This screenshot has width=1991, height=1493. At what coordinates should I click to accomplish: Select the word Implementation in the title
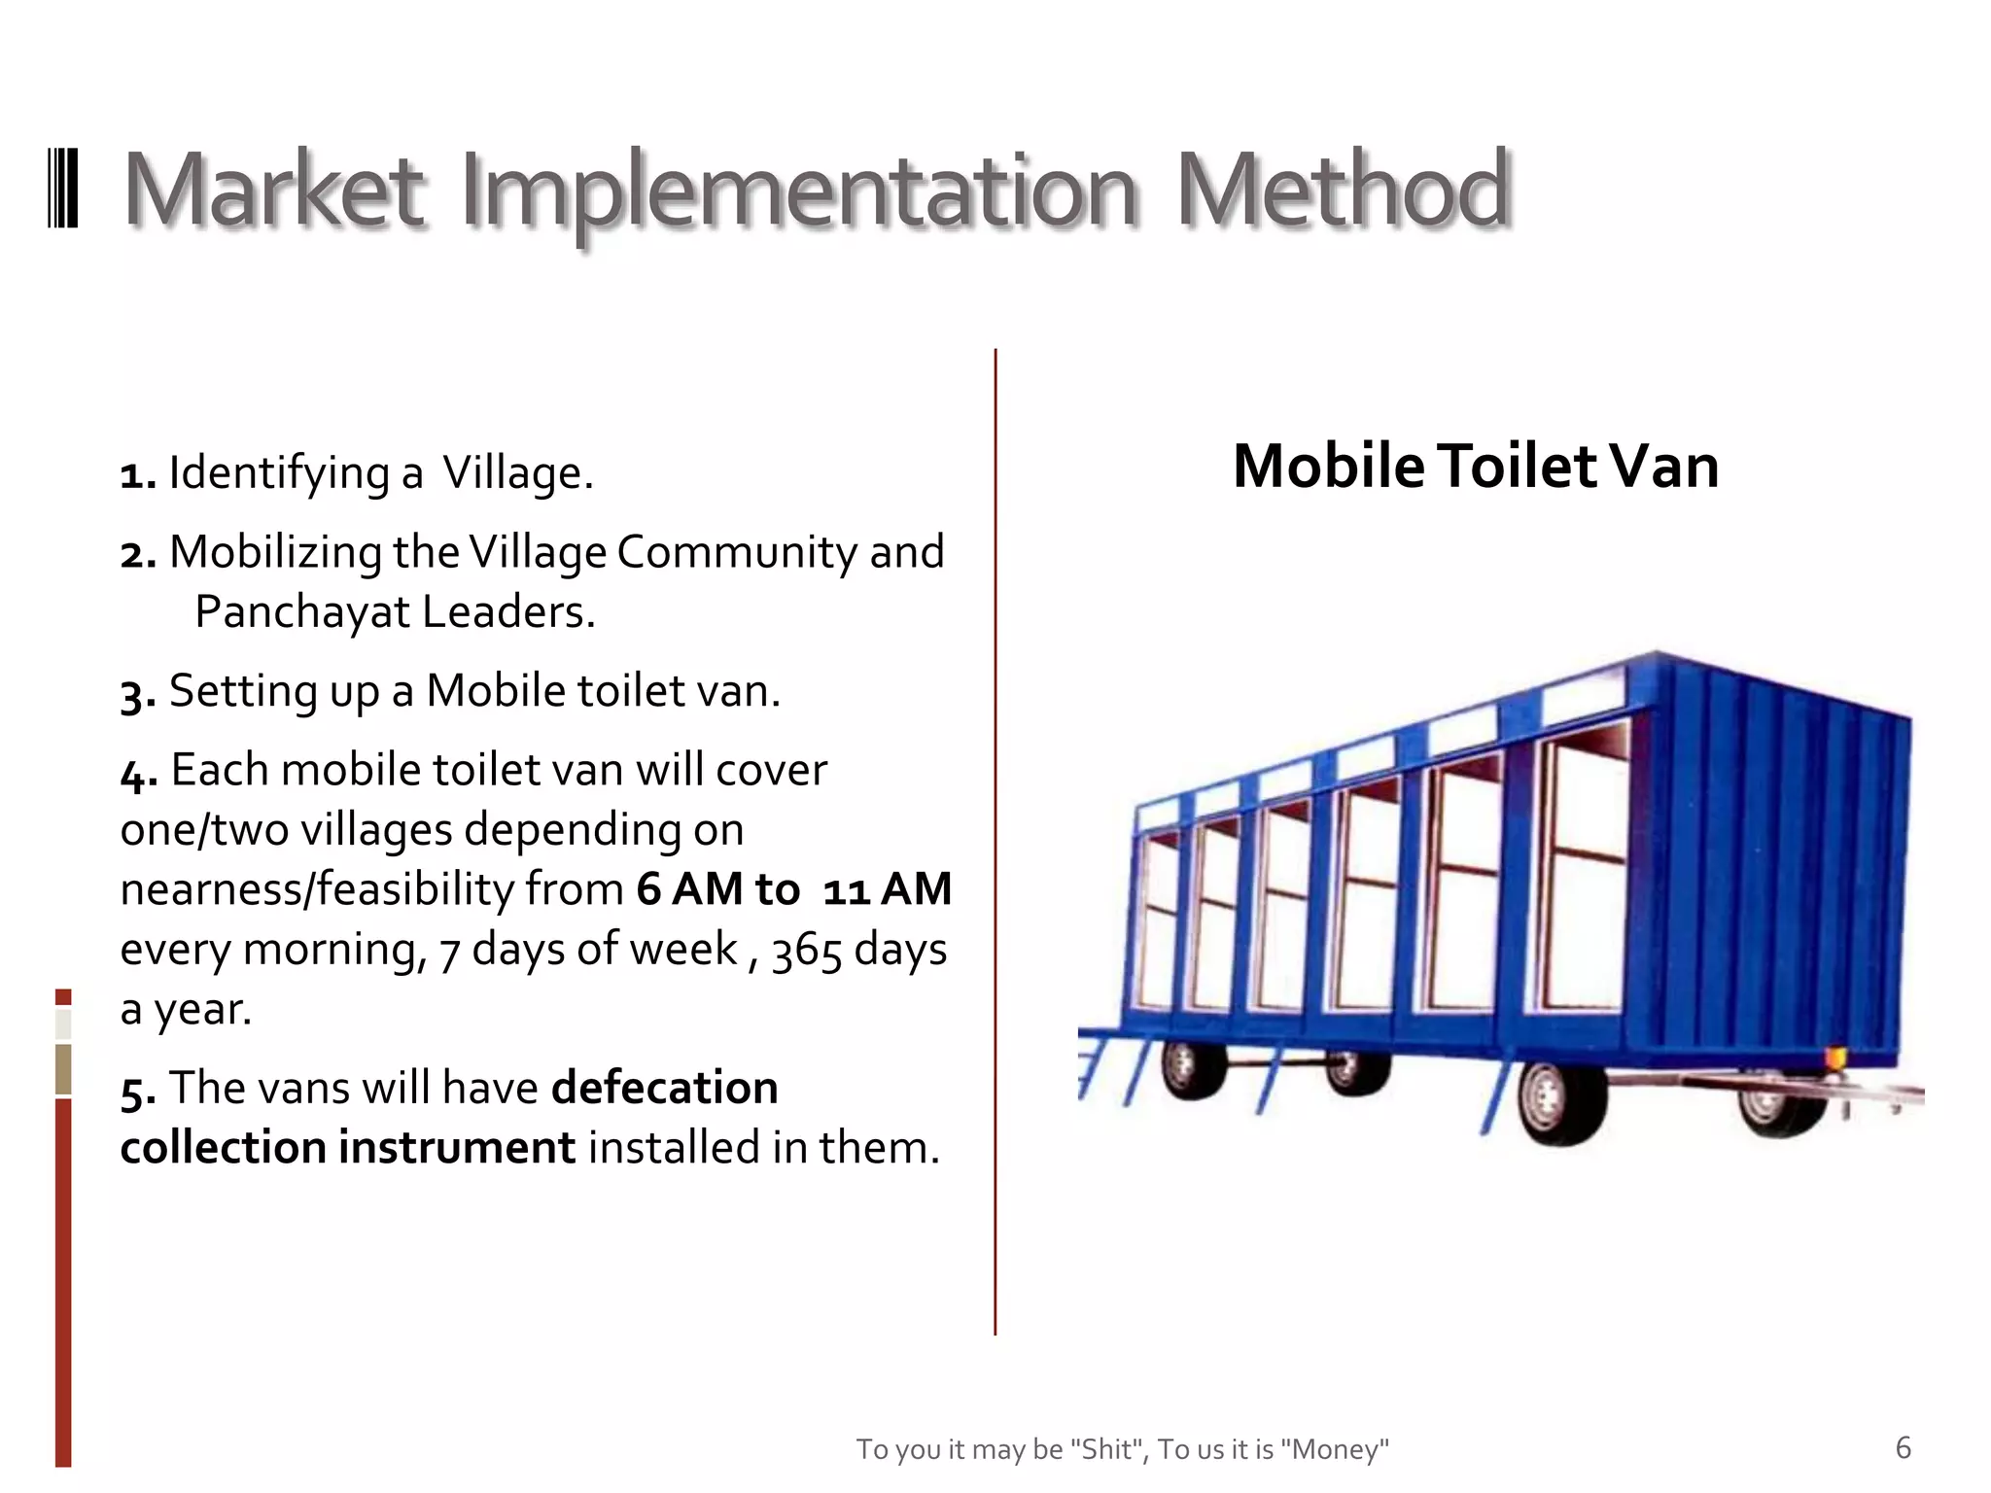pyautogui.click(x=797, y=192)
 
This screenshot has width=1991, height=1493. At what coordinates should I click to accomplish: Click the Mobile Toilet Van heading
pyautogui.click(x=1475, y=466)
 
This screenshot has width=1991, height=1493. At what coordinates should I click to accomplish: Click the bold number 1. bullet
pyautogui.click(x=138, y=475)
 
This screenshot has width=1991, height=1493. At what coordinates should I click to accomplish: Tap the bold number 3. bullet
pyautogui.click(x=138, y=694)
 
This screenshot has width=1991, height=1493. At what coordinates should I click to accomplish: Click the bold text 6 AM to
pyautogui.click(x=717, y=889)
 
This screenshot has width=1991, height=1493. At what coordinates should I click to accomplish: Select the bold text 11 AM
pyautogui.click(x=887, y=889)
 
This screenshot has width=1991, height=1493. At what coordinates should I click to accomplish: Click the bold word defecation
pyautogui.click(x=665, y=1088)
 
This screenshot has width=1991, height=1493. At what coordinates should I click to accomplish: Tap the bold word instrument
pyautogui.click(x=456, y=1148)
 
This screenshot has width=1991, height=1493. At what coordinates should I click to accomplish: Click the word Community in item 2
pyautogui.click(x=736, y=553)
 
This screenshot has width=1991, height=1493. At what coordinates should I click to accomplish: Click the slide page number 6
pyautogui.click(x=1903, y=1448)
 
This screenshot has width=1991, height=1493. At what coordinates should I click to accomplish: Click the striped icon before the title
pyautogui.click(x=63, y=188)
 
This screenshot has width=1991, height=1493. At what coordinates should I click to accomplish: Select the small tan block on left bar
pyautogui.click(x=63, y=1068)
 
